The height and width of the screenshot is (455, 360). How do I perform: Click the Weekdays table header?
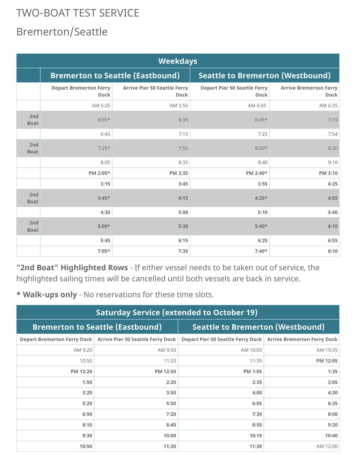(177, 61)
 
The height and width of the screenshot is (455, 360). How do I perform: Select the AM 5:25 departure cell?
(101, 106)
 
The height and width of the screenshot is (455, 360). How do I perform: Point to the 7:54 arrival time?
(332, 134)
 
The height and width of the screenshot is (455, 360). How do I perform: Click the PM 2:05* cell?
(99, 173)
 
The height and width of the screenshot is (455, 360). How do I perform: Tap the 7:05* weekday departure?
(104, 251)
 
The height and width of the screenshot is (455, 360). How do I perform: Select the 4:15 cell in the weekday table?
(183, 198)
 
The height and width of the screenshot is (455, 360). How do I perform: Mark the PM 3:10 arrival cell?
(328, 173)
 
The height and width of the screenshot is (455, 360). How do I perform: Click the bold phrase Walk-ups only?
(50, 295)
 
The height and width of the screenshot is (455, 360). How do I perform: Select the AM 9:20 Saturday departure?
(83, 350)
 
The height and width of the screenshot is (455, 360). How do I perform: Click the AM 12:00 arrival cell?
(327, 446)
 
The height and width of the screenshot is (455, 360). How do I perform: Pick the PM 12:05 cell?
(327, 361)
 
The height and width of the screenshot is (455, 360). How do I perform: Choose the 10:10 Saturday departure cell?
(255, 436)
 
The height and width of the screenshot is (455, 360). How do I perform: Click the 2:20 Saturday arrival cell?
(171, 382)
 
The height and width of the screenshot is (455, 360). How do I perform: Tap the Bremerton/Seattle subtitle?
(62, 32)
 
